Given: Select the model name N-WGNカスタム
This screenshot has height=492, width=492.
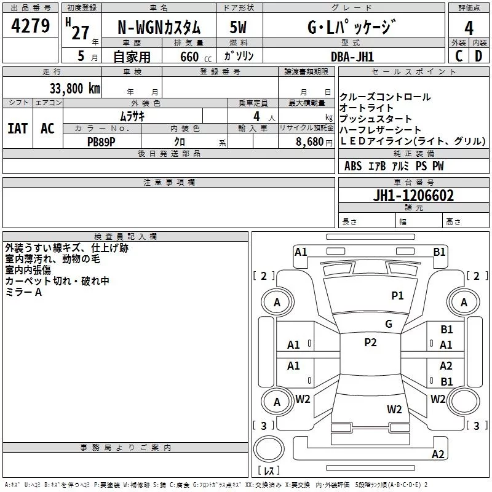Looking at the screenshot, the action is [x=159, y=28].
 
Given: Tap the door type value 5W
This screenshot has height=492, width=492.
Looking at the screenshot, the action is [x=239, y=28].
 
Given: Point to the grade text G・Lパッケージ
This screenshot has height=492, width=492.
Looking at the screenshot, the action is [x=351, y=28].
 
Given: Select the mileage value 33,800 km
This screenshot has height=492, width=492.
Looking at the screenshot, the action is [x=72, y=88].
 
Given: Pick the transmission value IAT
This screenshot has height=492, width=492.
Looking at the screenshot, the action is [x=18, y=128].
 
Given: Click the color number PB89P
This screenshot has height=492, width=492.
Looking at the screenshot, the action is [x=101, y=141].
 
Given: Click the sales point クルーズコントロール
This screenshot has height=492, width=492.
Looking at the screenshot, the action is [x=385, y=97].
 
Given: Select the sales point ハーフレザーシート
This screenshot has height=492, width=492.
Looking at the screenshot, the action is [x=381, y=130].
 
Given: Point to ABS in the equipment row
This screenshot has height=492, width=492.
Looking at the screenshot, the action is [x=353, y=166].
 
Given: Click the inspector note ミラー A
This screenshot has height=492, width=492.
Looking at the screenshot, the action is [x=23, y=292].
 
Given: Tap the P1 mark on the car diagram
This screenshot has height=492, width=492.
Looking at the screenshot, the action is [x=398, y=296].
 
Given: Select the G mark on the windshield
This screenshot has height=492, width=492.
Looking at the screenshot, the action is [x=388, y=324].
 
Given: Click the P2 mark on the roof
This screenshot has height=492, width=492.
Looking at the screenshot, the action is [x=370, y=343].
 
